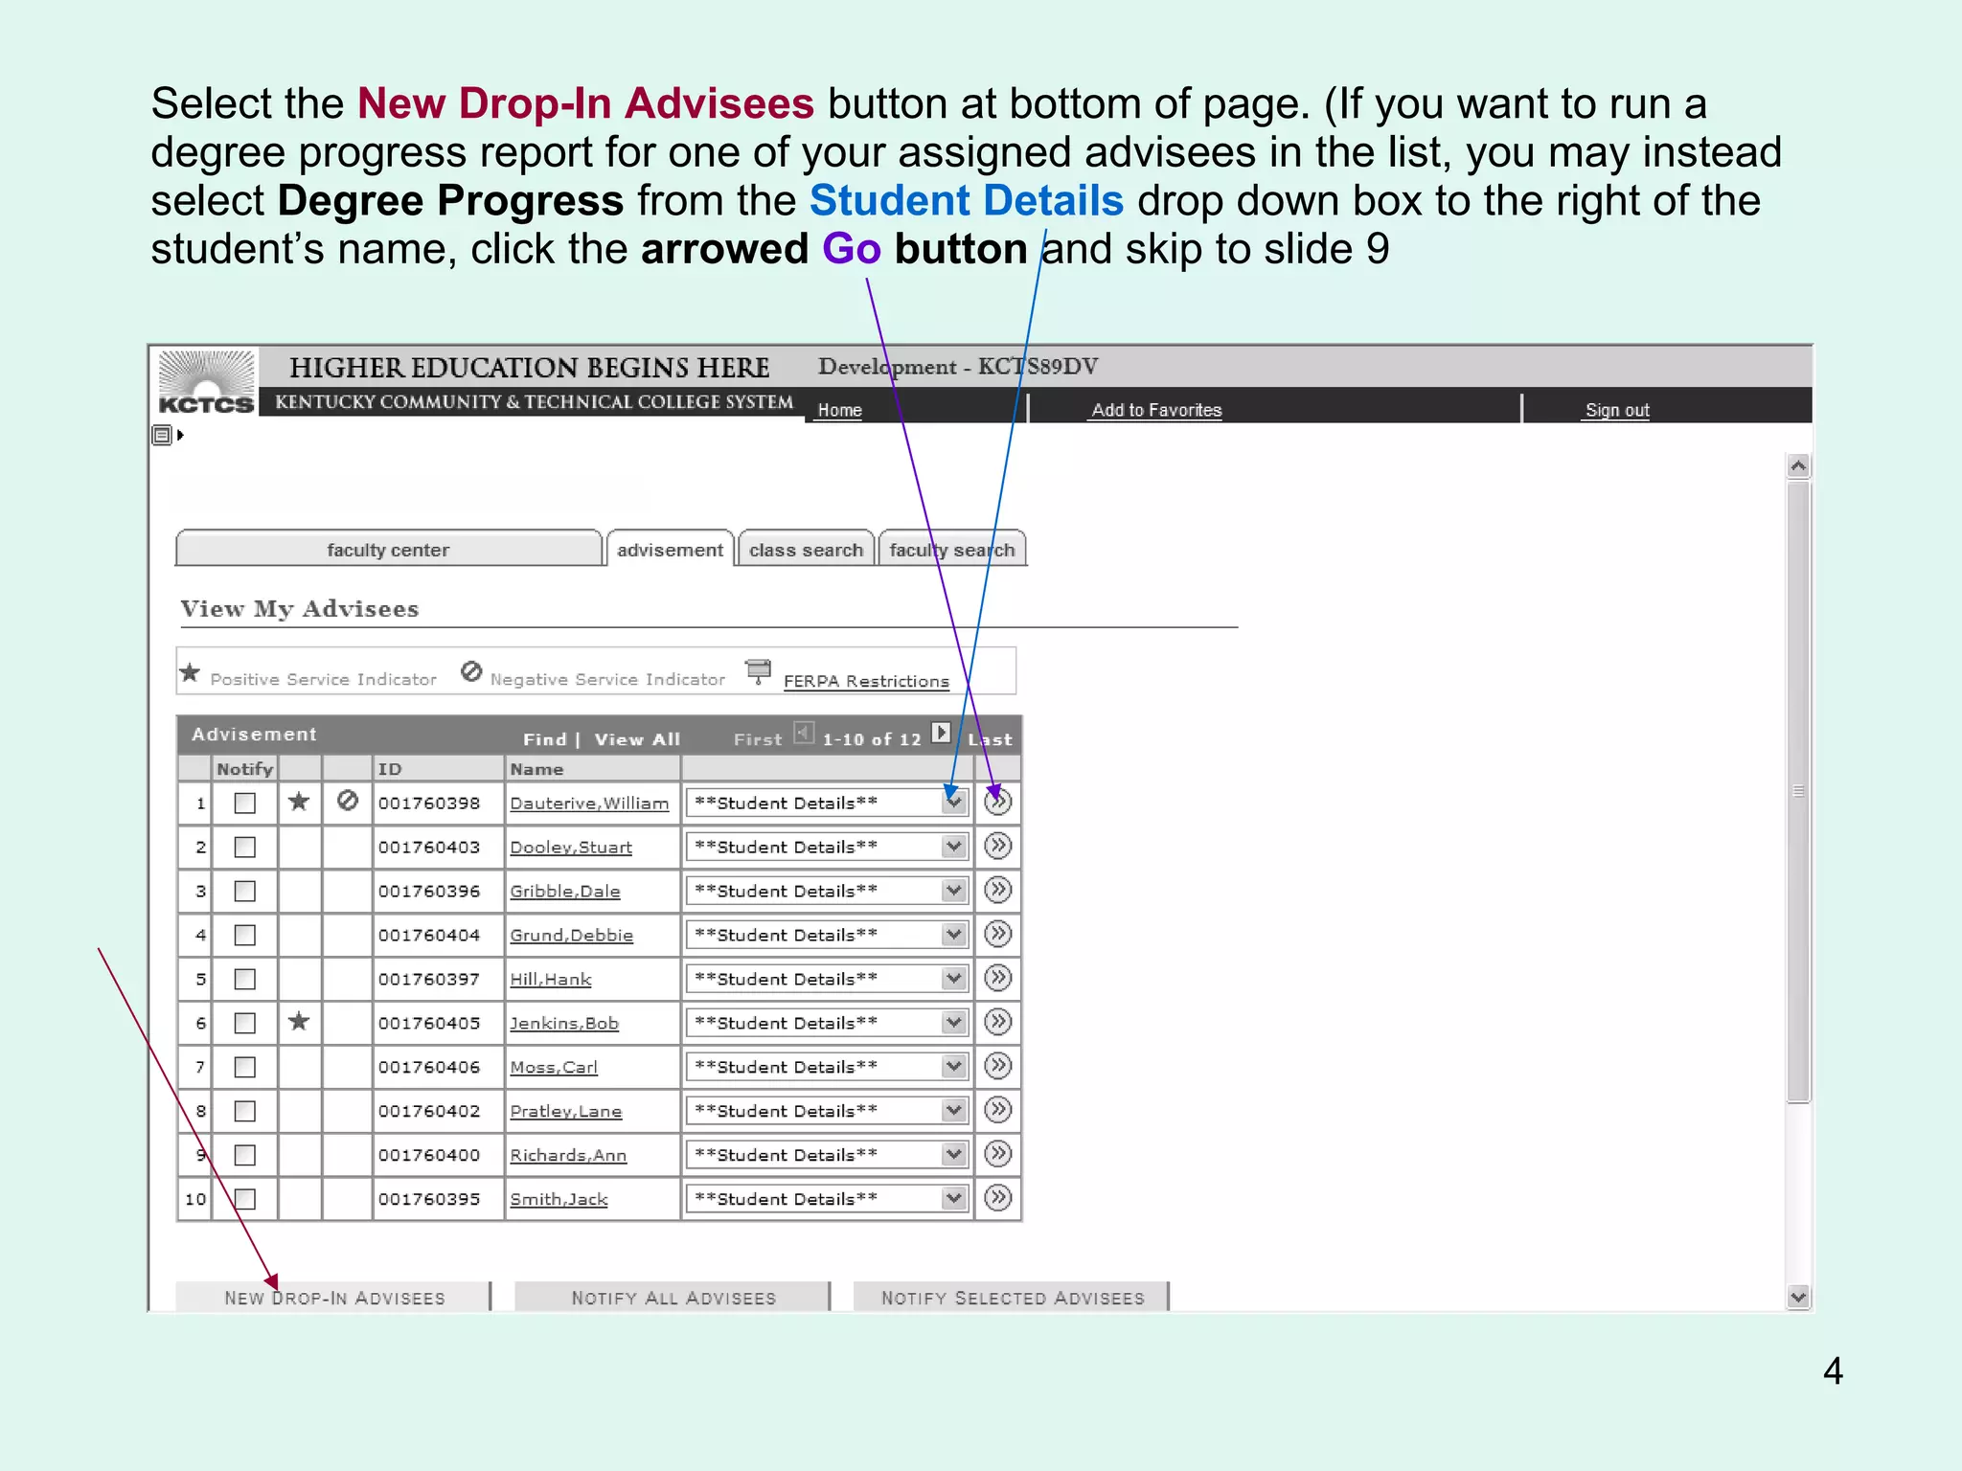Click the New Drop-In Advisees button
click(333, 1298)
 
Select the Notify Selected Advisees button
click(1012, 1298)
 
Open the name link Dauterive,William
click(589, 803)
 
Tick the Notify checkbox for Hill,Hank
click(245, 979)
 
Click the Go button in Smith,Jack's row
click(997, 1198)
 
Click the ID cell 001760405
click(429, 1023)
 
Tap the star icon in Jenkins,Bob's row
click(299, 1022)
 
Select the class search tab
click(806, 550)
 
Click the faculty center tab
click(388, 550)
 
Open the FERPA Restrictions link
click(866, 681)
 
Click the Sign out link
click(1617, 410)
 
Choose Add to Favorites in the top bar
click(1156, 410)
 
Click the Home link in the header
click(839, 410)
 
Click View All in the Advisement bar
click(637, 739)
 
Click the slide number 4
click(1833, 1371)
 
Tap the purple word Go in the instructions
click(851, 249)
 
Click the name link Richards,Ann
click(568, 1155)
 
